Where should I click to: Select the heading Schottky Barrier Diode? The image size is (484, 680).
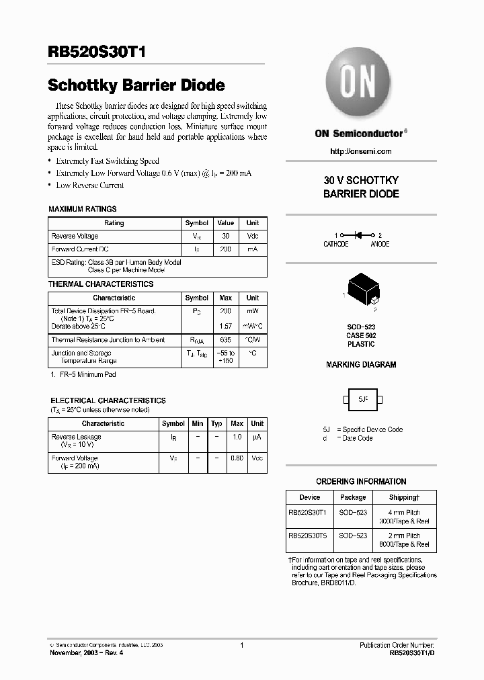click(136, 86)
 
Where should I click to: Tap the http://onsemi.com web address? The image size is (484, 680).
click(361, 151)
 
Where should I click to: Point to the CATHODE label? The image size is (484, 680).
click(336, 245)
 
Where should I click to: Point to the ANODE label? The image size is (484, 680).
click(380, 245)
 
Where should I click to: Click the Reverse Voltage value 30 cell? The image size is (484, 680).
click(226, 237)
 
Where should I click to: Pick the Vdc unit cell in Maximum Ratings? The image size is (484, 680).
click(253, 237)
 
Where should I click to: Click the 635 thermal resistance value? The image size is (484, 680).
click(226, 340)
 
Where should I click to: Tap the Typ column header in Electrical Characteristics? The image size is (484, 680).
click(216, 424)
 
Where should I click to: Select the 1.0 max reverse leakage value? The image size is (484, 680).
click(237, 437)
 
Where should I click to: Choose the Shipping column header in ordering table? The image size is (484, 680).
click(405, 497)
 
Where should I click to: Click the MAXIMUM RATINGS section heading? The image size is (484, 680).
click(83, 209)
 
